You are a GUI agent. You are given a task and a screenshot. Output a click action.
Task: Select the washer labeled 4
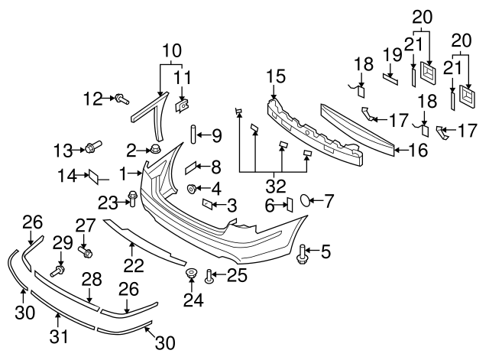click(x=192, y=188)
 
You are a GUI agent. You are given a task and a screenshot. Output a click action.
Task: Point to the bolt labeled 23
click(x=133, y=199)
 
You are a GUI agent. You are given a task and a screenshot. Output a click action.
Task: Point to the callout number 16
click(x=417, y=150)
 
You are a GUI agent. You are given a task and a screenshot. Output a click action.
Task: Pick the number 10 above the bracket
click(x=172, y=51)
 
